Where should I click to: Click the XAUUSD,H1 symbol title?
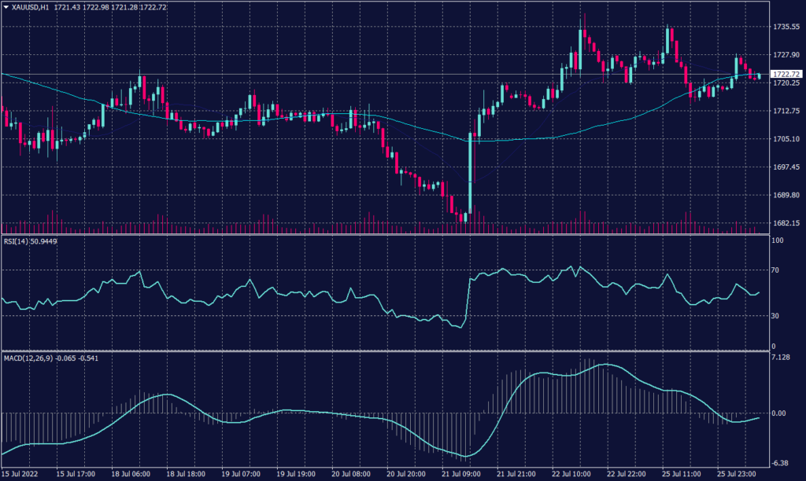click(x=31, y=6)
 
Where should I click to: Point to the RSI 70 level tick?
click(x=776, y=270)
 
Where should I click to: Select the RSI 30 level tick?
click(x=776, y=316)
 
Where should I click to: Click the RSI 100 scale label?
click(x=778, y=241)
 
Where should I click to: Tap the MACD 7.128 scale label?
click(x=781, y=358)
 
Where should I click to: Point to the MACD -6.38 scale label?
click(x=781, y=462)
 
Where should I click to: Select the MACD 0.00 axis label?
click(x=779, y=413)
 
